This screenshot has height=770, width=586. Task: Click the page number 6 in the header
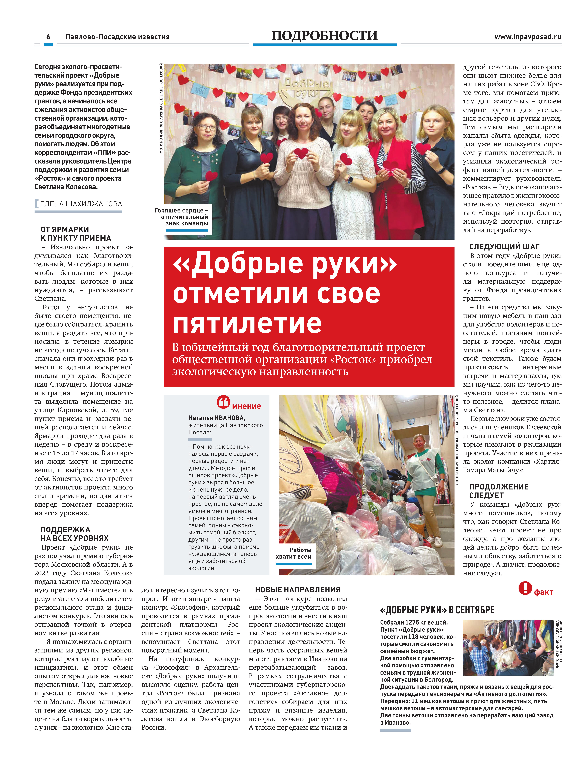coord(48,37)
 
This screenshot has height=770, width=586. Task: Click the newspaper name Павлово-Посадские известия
coord(118,37)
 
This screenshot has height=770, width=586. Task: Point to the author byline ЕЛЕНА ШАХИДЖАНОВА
coord(81,204)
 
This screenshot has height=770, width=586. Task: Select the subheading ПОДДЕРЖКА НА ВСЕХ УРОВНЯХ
coord(75,534)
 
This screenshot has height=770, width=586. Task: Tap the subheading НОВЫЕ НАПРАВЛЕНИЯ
coord(298,590)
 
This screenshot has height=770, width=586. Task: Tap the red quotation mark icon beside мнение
coord(223,402)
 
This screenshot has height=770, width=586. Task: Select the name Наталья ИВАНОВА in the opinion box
coord(217,418)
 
